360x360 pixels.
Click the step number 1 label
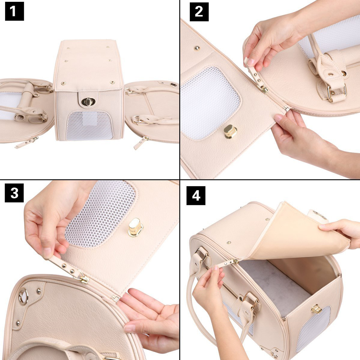[14, 12]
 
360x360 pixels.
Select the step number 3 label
[14, 193]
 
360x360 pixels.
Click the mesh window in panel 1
[89, 125]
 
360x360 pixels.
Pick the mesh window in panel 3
[101, 212]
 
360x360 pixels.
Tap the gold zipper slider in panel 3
[84, 279]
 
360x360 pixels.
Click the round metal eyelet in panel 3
[24, 296]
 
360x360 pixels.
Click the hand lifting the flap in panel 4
[342, 232]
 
